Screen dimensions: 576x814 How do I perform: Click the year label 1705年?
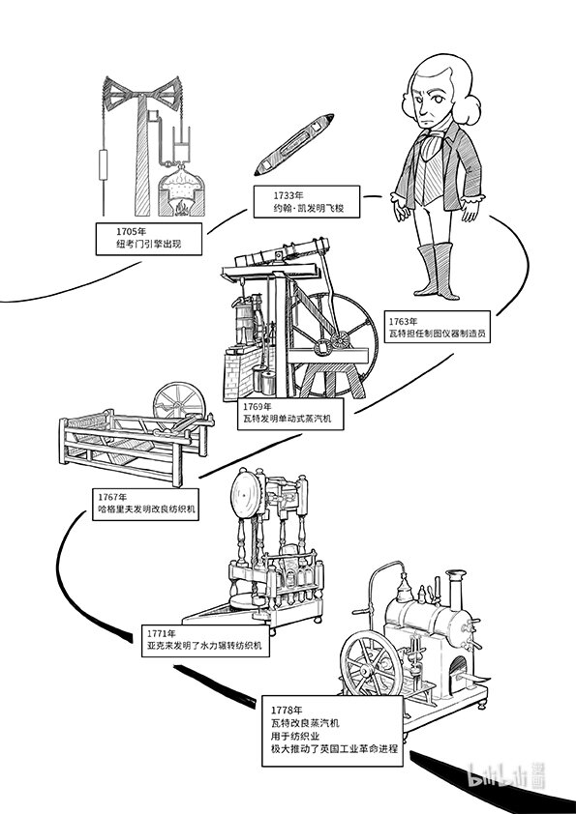[x=131, y=231]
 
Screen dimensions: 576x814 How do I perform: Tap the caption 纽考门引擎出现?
[x=149, y=244]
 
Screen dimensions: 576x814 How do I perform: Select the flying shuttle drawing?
[x=294, y=144]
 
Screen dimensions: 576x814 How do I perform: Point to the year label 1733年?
[x=288, y=196]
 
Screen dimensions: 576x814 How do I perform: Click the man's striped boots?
[x=439, y=270]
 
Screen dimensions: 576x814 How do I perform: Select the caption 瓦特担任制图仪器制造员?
[x=438, y=334]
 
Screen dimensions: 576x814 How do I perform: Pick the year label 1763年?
[x=404, y=322]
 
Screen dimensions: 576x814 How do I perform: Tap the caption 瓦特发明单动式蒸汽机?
[x=287, y=419]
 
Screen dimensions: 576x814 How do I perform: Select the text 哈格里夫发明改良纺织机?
[x=146, y=509]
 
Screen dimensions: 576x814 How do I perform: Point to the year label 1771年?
[x=161, y=634]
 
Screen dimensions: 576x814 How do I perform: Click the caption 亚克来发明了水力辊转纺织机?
[x=204, y=647]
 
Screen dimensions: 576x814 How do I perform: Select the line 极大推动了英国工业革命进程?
[x=334, y=749]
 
